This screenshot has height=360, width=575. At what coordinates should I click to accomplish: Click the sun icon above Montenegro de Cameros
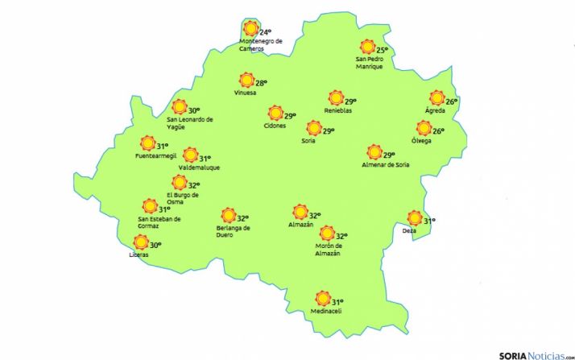click(x=250, y=29)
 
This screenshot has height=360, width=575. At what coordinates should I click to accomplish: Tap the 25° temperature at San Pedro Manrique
click(x=383, y=51)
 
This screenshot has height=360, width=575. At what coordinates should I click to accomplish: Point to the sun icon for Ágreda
click(x=436, y=98)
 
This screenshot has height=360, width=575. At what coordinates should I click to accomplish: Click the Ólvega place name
click(x=420, y=141)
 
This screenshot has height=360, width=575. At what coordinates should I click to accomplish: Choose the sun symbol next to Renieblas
click(x=336, y=98)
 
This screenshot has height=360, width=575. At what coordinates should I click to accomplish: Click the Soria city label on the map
click(x=308, y=141)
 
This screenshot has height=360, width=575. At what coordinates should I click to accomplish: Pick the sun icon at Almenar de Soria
click(x=374, y=152)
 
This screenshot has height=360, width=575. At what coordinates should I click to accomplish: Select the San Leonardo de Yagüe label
click(x=190, y=123)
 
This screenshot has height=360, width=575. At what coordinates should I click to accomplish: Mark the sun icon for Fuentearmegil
click(x=147, y=143)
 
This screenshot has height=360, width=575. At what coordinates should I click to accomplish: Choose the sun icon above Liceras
click(x=141, y=242)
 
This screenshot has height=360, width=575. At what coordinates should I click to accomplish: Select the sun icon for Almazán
click(x=300, y=212)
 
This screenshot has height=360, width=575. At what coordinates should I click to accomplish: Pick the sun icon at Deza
click(x=415, y=218)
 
